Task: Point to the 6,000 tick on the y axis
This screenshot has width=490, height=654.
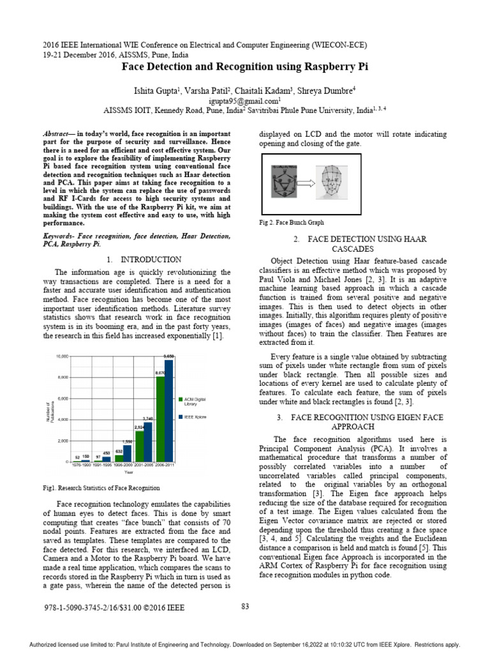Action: (62, 399)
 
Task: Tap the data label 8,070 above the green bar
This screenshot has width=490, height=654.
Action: (160, 372)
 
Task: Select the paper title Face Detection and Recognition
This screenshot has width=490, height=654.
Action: (244, 66)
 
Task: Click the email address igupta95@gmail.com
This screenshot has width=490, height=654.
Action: (244, 101)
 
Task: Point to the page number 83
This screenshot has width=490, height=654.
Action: (245, 606)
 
